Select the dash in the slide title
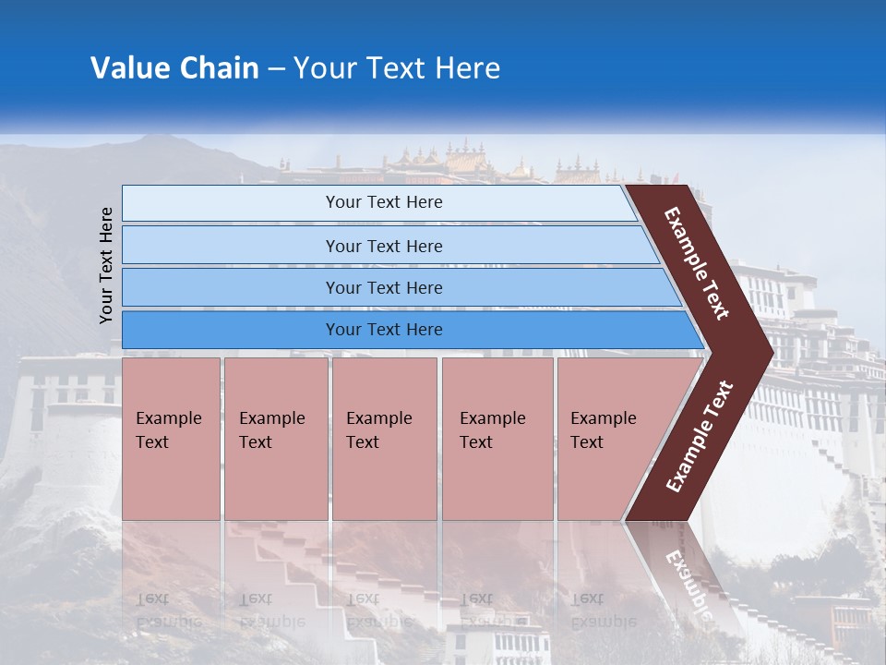276,69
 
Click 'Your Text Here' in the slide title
397,68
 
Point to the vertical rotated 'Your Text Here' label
106,265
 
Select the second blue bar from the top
383,246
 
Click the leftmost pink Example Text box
171,438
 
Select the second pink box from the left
275,438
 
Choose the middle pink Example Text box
384,438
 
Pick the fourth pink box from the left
497,438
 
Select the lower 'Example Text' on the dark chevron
700,437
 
